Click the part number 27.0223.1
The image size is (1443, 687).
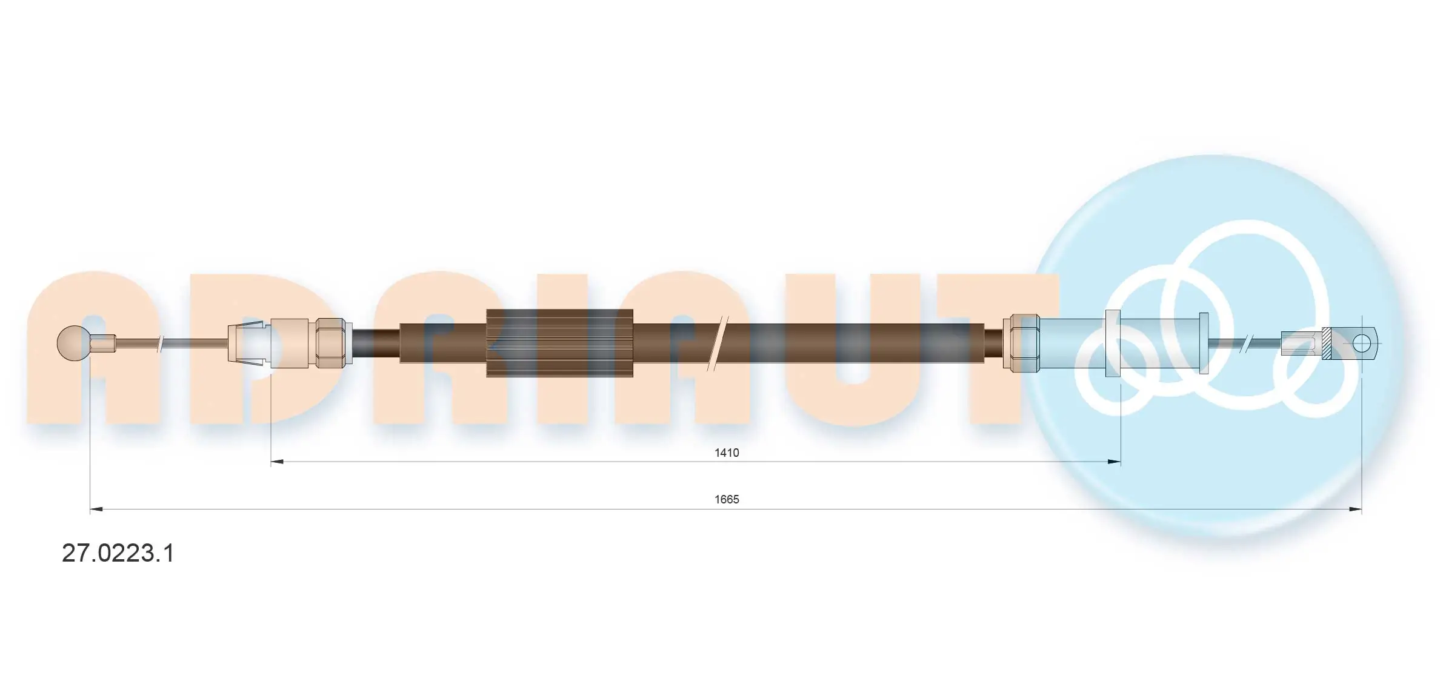point(118,553)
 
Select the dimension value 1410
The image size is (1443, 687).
point(726,453)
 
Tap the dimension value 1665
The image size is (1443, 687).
point(726,499)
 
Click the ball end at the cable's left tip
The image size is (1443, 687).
point(73,343)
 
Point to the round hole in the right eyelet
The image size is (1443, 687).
point(1361,343)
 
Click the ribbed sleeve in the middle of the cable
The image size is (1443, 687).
point(559,343)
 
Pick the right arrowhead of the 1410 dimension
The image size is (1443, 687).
point(1113,462)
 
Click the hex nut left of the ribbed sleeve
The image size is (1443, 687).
point(330,343)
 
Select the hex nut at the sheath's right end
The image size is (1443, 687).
point(1022,343)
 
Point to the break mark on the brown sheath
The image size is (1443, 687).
point(719,343)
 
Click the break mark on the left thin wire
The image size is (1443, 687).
point(161,343)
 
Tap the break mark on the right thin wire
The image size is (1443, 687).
point(1247,343)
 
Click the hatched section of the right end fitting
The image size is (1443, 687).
point(1326,343)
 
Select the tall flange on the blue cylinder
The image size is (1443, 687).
point(1113,343)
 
